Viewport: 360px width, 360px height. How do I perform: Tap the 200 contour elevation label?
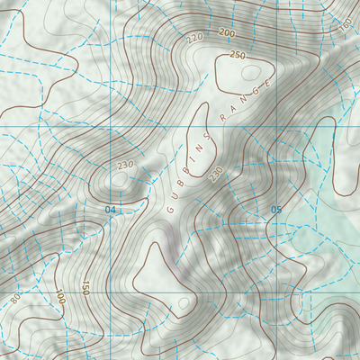[227, 33]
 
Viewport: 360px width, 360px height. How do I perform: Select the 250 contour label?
[237, 55]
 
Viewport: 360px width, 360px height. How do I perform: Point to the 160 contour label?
[346, 24]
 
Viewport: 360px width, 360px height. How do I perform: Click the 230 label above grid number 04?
[124, 165]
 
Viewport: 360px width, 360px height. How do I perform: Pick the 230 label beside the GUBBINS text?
[216, 174]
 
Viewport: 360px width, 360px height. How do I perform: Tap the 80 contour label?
[15, 298]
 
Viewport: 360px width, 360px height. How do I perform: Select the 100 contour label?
[59, 297]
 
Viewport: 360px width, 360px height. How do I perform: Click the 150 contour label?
[85, 289]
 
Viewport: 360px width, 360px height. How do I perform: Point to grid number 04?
[111, 210]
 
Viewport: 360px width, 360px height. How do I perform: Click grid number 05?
[276, 211]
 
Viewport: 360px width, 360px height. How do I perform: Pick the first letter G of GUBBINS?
[169, 210]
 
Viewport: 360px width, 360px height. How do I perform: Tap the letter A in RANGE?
[234, 109]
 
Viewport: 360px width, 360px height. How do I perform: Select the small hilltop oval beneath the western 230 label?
[118, 181]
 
